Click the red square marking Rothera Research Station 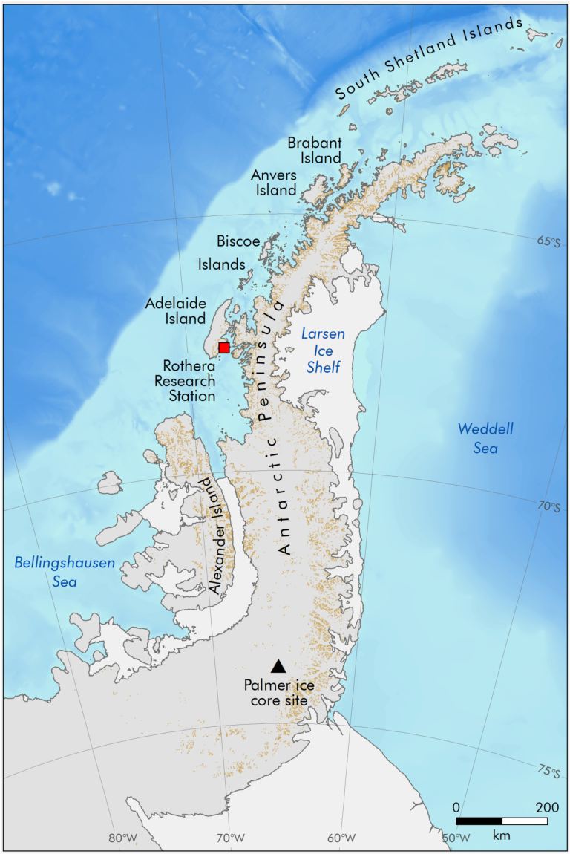pos(224,348)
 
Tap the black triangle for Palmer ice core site pos(278,666)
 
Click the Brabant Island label pos(315,150)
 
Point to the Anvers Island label pos(274,182)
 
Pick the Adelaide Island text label pos(176,310)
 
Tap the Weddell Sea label pos(476,438)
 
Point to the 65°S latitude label pos(548,242)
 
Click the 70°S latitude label pos(548,506)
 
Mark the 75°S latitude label pos(548,772)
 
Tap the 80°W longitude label pos(122,838)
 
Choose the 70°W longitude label pos(230,838)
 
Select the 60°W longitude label pos(341,838)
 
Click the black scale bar pos(502,821)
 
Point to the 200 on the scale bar pos(547,807)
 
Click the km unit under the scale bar pos(502,835)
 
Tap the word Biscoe pos(238,241)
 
